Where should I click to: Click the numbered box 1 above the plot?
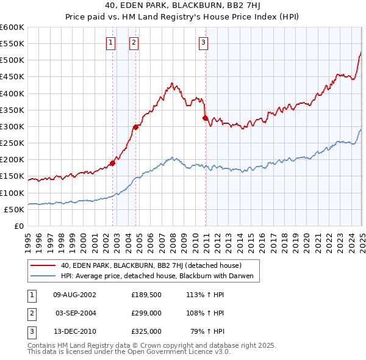(110, 42)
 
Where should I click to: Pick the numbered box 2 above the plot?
(133, 42)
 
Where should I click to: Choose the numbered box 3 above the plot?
(203, 42)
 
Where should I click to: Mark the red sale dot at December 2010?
(206, 118)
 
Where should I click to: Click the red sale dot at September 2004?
(135, 127)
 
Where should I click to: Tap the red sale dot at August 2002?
(113, 163)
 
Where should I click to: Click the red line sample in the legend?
(43, 265)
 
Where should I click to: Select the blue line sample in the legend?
(43, 276)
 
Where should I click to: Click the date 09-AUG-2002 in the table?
(74, 294)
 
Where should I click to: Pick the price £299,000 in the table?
(146, 312)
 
